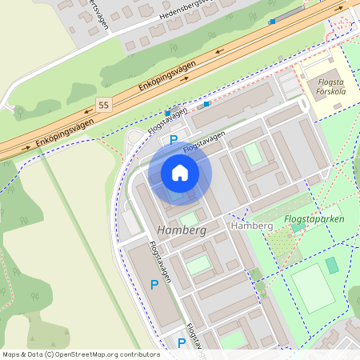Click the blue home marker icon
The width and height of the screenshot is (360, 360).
pos(179,173)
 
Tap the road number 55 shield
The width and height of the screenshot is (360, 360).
pos(102,105)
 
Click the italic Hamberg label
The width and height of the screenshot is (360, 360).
pos(182,230)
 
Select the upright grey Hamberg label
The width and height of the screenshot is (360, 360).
pos(252,226)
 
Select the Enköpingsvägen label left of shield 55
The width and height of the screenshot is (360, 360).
pos(64,131)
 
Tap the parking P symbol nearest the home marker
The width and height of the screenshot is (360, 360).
pos(174,140)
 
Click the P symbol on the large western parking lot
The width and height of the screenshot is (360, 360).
pos(154,284)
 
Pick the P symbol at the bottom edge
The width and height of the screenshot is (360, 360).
pos(181,343)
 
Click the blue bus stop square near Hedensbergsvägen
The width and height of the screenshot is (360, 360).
pos(272,21)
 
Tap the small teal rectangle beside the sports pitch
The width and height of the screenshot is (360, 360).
pos(332,265)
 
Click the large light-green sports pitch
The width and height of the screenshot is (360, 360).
pos(311,288)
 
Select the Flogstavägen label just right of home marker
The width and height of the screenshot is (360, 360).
pos(203,143)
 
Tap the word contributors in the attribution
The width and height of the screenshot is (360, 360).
pos(139,354)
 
